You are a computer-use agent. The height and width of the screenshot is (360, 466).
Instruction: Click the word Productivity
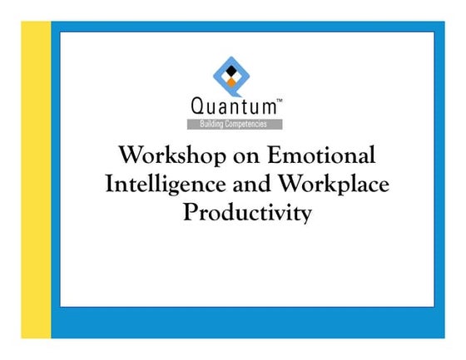[x=247, y=212]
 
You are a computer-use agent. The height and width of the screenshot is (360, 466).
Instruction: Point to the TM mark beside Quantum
[x=279, y=100]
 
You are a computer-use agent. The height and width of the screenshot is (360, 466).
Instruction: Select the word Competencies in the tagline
[x=250, y=124]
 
